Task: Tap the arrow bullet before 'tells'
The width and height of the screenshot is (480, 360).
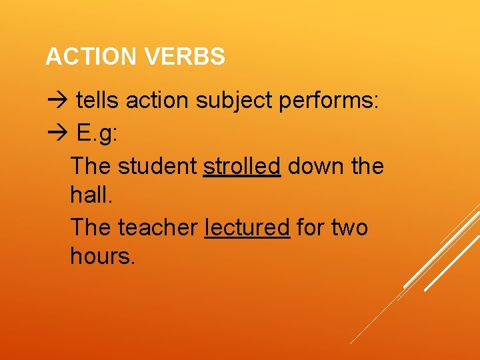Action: (58, 101)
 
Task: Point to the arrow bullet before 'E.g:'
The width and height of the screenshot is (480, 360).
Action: (58, 133)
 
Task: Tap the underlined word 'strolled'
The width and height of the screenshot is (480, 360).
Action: (241, 165)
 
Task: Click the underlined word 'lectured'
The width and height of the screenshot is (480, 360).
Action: (247, 227)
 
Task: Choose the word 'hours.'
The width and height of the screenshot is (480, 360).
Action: (103, 257)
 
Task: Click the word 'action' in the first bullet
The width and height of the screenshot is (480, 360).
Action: (157, 101)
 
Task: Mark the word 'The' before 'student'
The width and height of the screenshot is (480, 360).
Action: (91, 165)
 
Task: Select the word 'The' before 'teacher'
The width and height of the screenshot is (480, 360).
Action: (91, 227)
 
